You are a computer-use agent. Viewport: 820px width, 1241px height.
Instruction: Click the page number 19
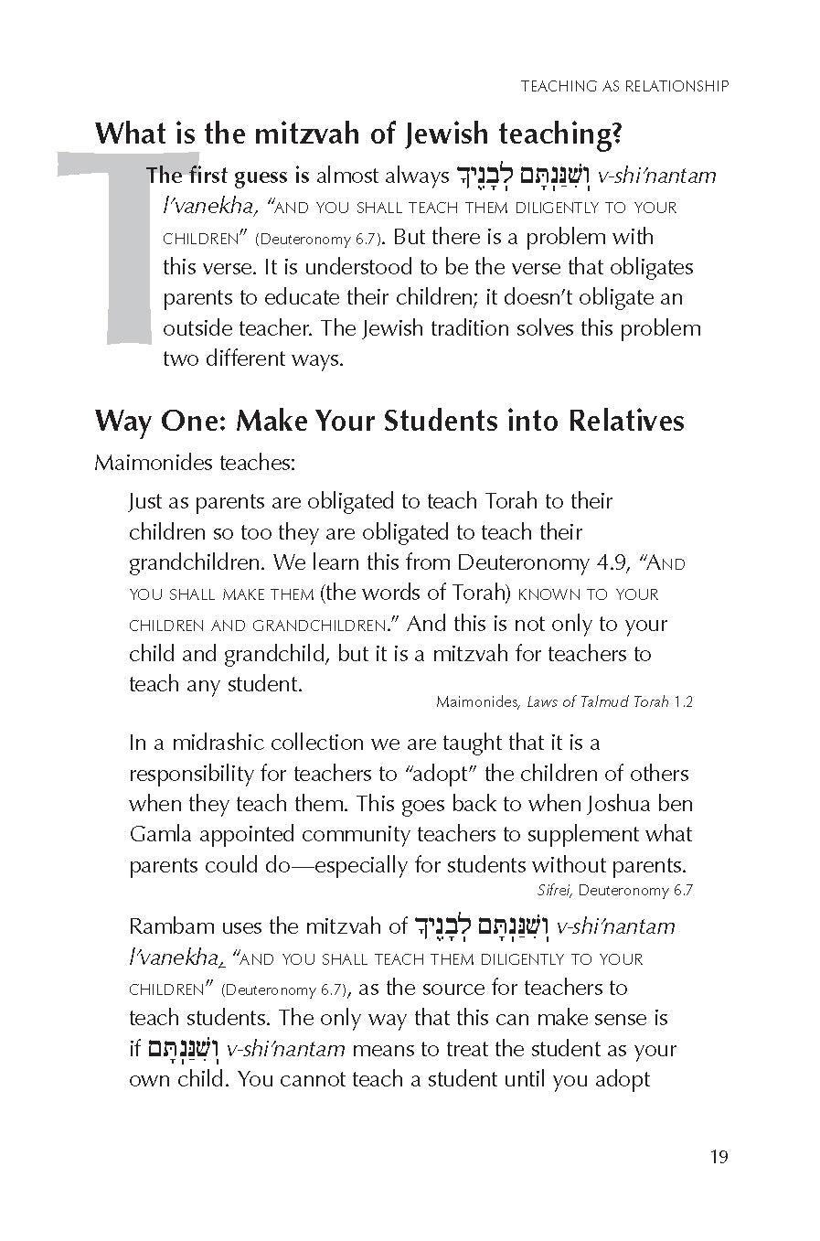point(719,1157)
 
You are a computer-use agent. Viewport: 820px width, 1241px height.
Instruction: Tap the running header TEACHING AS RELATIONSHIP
point(624,86)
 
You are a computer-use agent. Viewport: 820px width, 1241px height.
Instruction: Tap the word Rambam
point(169,926)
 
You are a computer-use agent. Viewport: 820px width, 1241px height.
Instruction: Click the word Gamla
point(158,834)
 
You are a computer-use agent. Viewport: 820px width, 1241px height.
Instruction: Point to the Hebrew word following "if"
point(184,1049)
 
